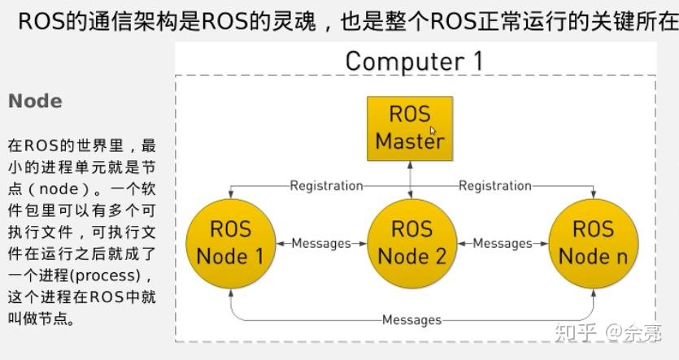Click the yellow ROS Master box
[409, 127]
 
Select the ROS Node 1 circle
[230, 243]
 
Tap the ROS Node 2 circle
[411, 243]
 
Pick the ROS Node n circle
[593, 243]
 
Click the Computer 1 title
[413, 61]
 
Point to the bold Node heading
[35, 102]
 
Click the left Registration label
[326, 185]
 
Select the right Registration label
[494, 185]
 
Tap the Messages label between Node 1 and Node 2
[320, 243]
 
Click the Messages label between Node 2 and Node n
[502, 243]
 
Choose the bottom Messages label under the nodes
[411, 319]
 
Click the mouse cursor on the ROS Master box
[433, 130]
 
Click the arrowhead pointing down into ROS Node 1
[230, 195]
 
